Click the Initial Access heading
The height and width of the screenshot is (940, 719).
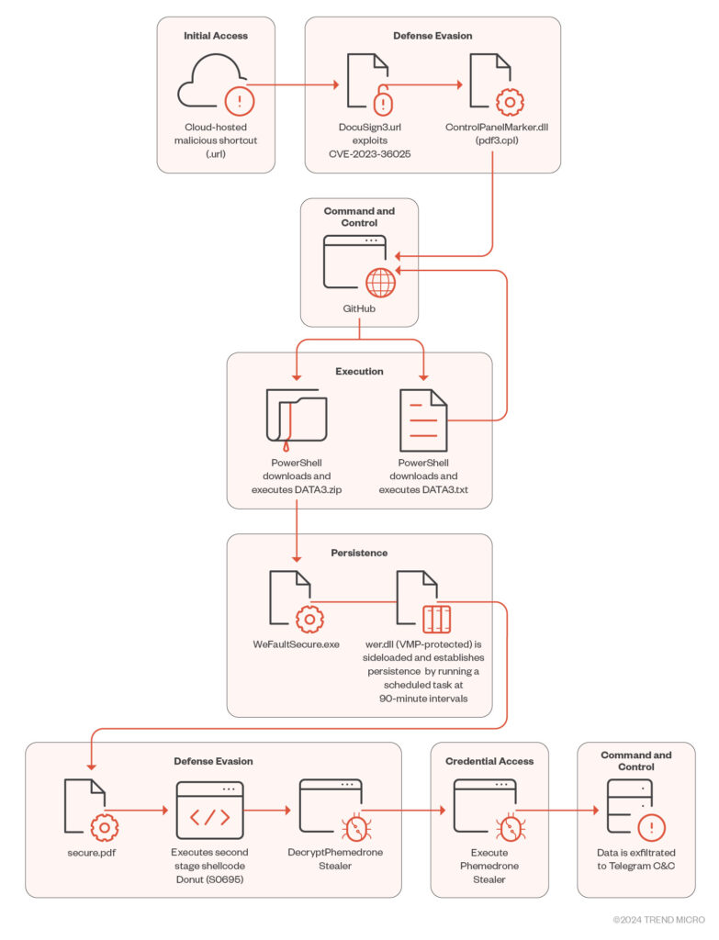[x=215, y=36]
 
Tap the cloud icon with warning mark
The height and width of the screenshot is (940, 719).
[x=215, y=84]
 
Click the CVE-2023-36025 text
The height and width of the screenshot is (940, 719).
[x=369, y=154]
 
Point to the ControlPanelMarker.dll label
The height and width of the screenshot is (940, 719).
[x=497, y=127]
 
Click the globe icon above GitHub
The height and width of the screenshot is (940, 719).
[x=381, y=283]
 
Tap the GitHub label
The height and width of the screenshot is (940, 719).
[x=359, y=308]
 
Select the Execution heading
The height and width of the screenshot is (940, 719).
[x=359, y=372]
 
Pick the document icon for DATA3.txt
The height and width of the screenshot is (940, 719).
[x=423, y=420]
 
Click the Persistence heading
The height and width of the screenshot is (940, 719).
[x=359, y=553]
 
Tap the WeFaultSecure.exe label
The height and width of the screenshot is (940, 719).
[x=297, y=644]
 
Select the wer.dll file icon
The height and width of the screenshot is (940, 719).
[x=423, y=602]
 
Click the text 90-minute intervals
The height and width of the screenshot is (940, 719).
[x=423, y=699]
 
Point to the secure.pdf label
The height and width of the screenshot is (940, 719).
[x=92, y=853]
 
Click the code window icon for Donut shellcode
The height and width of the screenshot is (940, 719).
[x=210, y=810]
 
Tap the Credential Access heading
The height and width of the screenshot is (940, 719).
[x=489, y=761]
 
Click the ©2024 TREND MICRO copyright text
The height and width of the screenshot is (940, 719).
[x=658, y=920]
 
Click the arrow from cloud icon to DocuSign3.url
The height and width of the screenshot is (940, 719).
[x=293, y=84]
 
